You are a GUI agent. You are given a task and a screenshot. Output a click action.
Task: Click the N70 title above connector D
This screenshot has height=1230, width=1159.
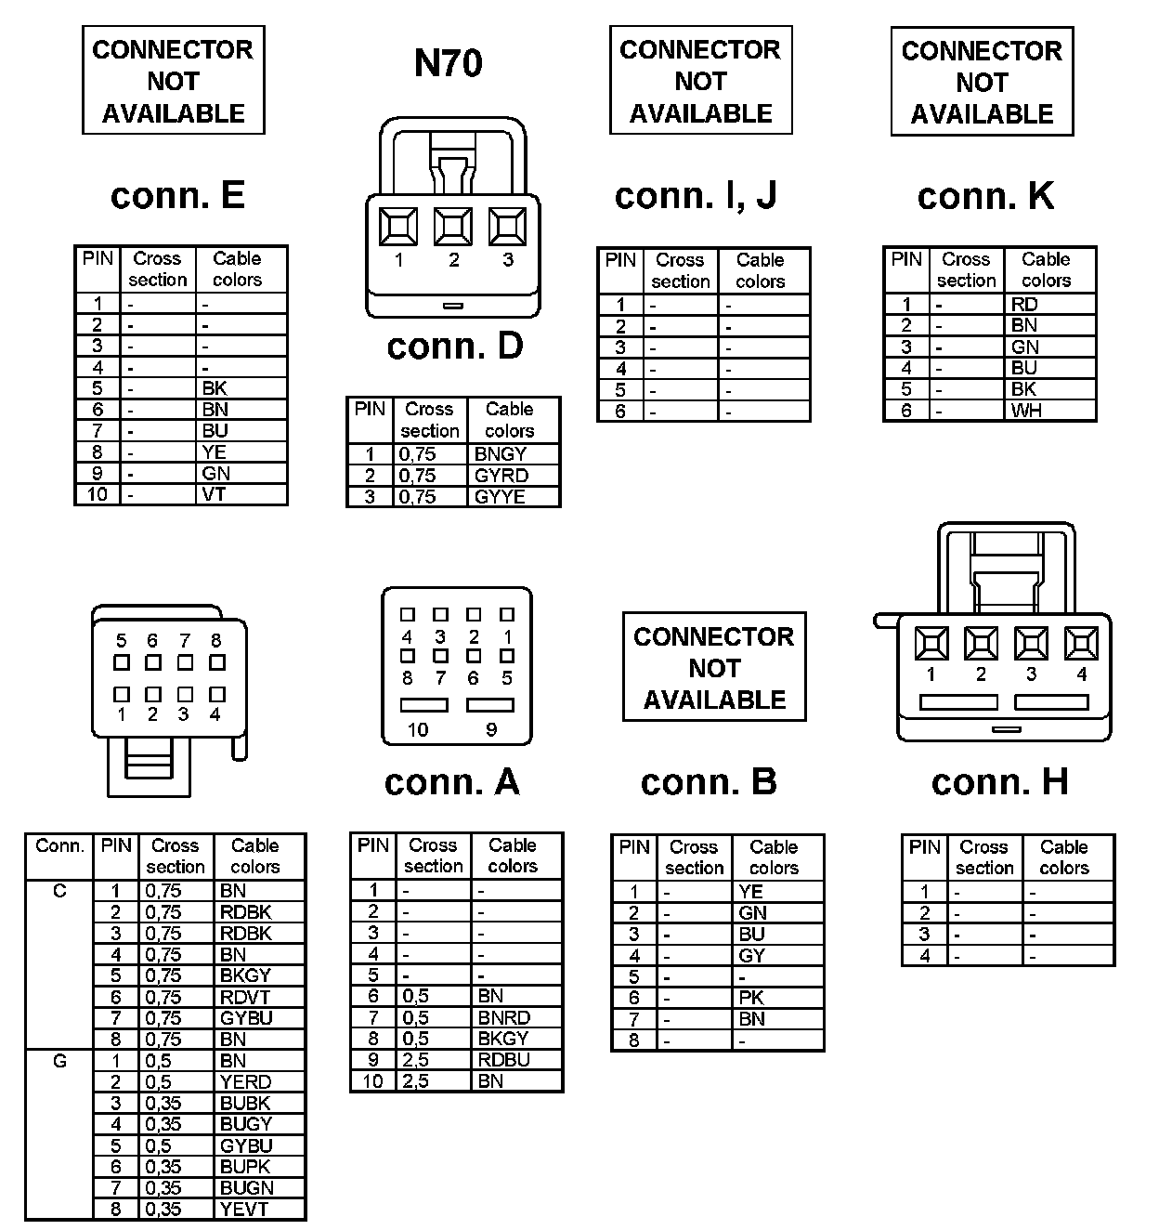coord(448,63)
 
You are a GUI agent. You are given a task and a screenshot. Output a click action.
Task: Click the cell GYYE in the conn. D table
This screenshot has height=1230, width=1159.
coord(500,496)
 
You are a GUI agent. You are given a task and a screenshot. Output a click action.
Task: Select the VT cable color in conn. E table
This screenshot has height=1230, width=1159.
coord(215,494)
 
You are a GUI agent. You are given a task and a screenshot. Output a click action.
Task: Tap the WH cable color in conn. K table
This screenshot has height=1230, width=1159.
coord(1026,411)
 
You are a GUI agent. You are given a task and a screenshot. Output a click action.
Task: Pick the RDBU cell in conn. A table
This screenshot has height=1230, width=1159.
coord(503,1059)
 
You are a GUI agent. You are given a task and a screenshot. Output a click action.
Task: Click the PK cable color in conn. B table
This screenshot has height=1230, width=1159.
coord(751,998)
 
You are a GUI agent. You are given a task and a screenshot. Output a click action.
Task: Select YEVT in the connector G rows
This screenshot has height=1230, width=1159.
coord(244,1209)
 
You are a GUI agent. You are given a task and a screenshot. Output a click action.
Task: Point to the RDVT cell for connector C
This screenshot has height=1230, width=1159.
coord(245,997)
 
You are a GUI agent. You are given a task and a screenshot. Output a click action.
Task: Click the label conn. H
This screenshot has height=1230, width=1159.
coord(999,782)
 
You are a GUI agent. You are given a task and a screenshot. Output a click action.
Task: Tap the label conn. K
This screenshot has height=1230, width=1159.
coord(985,196)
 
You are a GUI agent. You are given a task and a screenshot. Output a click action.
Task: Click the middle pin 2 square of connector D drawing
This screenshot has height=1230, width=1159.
coord(453,227)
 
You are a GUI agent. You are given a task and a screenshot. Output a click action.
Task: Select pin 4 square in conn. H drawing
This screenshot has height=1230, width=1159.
coord(1081,644)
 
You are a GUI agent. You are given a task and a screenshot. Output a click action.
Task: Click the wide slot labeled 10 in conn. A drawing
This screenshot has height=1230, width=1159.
coord(423,706)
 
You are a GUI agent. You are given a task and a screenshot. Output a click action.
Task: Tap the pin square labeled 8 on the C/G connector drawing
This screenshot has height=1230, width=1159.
coord(217,663)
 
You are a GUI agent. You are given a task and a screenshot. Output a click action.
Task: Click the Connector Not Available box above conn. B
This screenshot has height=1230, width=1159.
coord(714,667)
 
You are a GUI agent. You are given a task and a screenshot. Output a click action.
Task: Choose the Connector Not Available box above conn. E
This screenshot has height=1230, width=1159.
coord(174,81)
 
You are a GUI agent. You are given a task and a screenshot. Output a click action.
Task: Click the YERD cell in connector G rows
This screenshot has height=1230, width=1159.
coord(245,1081)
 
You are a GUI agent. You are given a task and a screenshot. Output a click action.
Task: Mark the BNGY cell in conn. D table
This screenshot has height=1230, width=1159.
coord(500,454)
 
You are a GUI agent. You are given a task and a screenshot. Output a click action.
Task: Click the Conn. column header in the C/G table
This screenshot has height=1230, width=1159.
coord(59,846)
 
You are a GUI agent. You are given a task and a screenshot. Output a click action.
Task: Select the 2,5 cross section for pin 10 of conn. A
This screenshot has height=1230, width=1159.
coord(415,1080)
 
